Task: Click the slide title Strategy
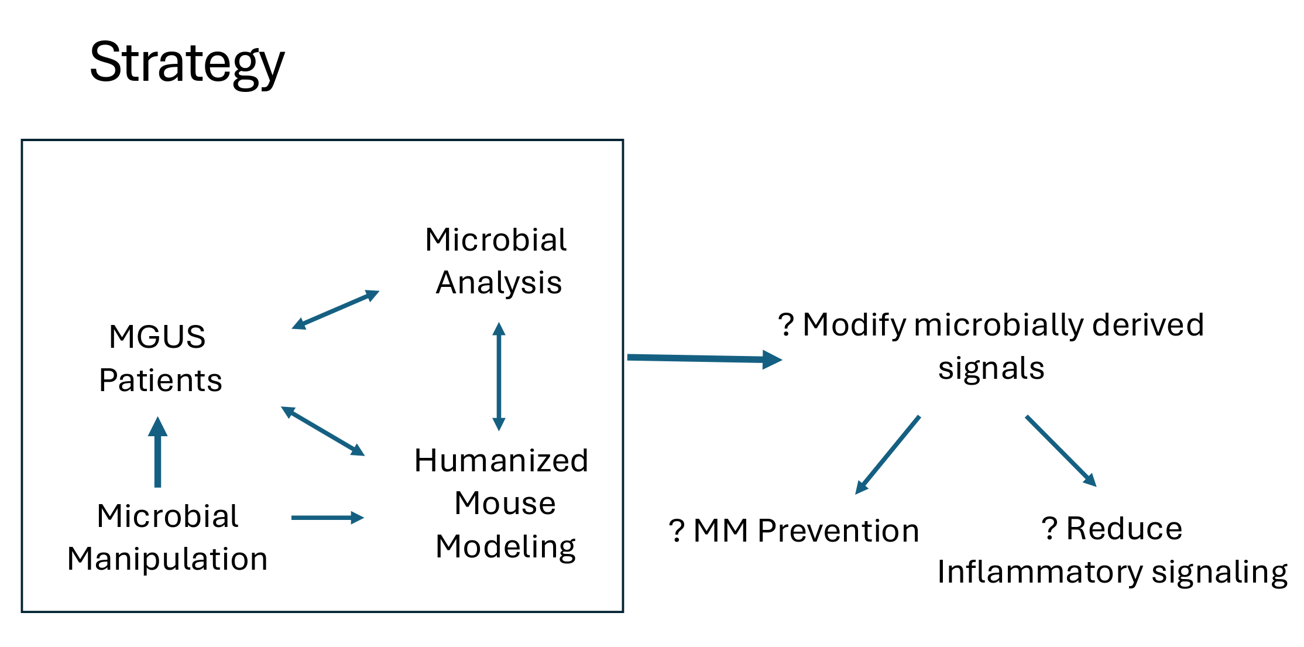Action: [187, 63]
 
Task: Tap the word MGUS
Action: [157, 337]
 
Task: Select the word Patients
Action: [160, 380]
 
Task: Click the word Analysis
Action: [499, 283]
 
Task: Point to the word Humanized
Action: [501, 460]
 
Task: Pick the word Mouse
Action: [505, 503]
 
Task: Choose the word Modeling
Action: [505, 546]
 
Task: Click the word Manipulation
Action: [167, 559]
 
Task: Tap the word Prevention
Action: [838, 530]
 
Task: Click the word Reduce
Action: [1124, 528]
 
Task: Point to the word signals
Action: [991, 368]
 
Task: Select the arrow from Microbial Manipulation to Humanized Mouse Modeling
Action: [327, 518]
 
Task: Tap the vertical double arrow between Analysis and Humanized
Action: [499, 376]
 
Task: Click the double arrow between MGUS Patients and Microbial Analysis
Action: [335, 309]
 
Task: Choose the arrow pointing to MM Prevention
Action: [887, 455]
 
